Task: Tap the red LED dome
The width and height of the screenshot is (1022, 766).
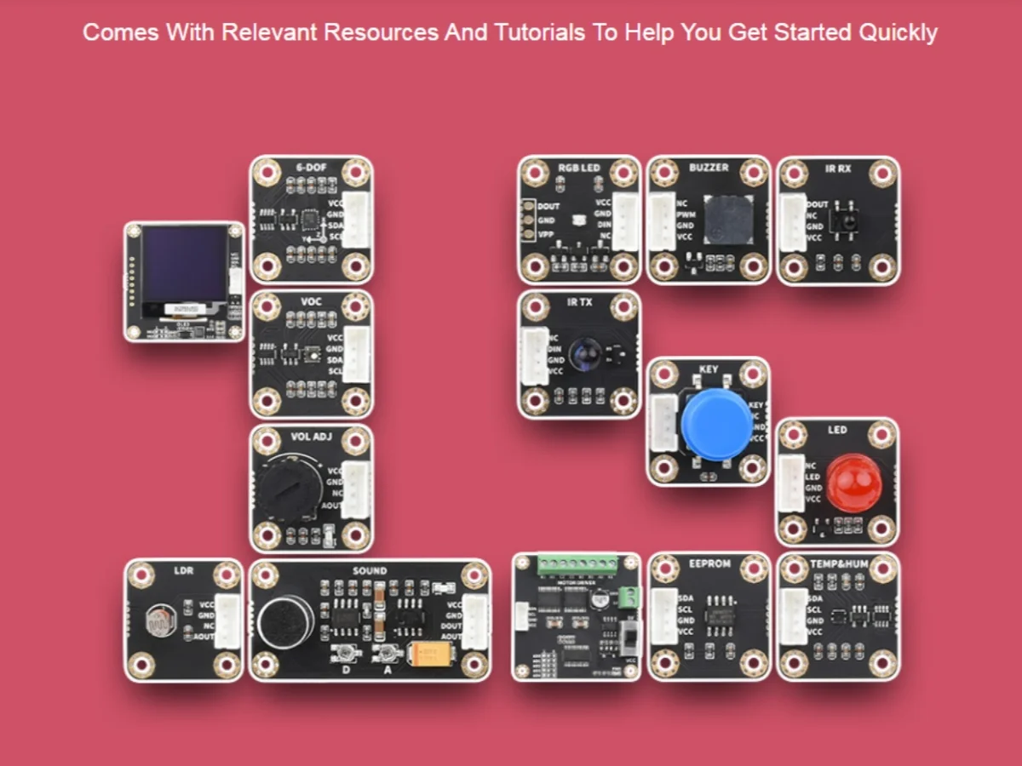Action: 853,483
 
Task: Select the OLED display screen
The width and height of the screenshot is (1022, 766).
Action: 184,264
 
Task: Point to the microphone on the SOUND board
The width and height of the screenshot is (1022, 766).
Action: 286,620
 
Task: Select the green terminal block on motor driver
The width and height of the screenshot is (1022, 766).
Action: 577,563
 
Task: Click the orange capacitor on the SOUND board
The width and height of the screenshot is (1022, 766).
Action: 431,654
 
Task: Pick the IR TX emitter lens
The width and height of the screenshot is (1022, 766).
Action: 587,353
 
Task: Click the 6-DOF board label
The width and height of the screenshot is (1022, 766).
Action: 311,168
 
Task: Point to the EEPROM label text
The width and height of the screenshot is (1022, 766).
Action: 709,564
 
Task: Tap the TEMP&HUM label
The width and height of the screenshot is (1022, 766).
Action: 839,564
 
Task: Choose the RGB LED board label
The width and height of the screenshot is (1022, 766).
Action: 579,168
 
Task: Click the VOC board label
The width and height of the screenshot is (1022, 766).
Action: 311,301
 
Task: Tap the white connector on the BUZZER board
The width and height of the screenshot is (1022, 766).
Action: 662,221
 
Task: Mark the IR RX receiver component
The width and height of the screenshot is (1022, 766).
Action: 846,218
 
